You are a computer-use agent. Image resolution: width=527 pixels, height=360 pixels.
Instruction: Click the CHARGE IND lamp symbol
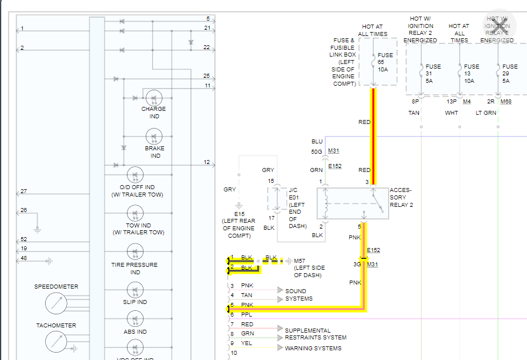click(x=154, y=97)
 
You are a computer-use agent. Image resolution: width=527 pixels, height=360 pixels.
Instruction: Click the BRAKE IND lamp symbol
click(x=154, y=137)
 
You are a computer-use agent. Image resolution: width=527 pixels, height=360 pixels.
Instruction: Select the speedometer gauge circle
click(x=55, y=303)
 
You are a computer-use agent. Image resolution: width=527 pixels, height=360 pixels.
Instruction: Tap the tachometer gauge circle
click(x=55, y=342)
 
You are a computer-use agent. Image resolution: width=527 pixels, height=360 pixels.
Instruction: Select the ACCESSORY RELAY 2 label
click(x=401, y=197)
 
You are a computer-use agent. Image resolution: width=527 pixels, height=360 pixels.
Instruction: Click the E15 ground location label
click(x=238, y=225)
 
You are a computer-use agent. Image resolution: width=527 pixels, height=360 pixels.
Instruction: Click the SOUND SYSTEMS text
click(x=299, y=295)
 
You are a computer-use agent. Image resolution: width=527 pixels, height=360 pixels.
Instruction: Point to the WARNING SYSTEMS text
click(x=313, y=348)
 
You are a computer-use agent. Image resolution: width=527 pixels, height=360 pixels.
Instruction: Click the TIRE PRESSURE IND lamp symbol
click(x=135, y=252)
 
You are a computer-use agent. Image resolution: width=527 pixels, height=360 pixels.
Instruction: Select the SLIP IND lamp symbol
click(x=135, y=289)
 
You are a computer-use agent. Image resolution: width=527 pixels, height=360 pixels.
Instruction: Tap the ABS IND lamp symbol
click(x=135, y=319)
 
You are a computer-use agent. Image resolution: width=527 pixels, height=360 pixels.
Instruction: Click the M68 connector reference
click(x=506, y=102)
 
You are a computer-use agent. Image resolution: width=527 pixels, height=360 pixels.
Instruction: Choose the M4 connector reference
click(x=466, y=102)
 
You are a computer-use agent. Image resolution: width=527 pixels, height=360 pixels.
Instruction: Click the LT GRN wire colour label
click(x=486, y=113)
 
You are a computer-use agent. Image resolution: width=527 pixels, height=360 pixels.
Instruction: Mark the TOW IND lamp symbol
click(x=135, y=213)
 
